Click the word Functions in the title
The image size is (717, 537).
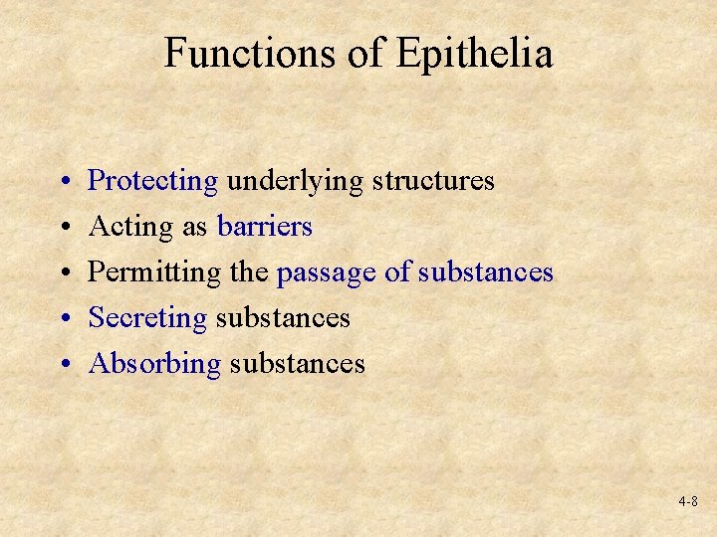coord(251,53)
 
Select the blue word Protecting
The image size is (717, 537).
coord(153,181)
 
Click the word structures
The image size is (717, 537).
coord(433,181)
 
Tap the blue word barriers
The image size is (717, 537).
coord(265,227)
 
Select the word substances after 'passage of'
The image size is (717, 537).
coord(485,271)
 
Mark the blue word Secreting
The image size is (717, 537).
coord(147,317)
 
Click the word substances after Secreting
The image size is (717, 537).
coord(283,317)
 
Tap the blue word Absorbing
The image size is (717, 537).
coord(154,363)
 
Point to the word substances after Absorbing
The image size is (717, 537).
coord(297,363)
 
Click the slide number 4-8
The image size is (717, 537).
coord(687,502)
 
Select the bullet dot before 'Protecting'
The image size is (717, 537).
coord(63,182)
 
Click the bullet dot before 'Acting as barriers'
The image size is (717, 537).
coord(63,228)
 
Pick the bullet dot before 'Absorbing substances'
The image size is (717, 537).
coord(63,364)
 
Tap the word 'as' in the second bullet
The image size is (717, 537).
coord(195,228)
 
